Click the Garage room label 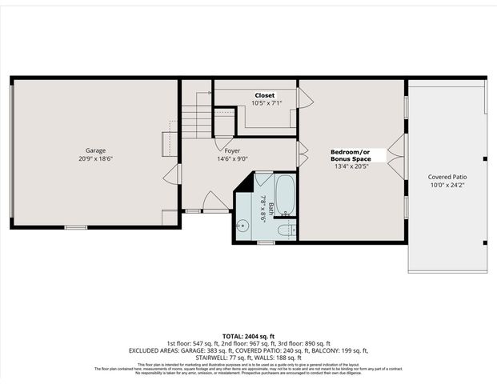[x=96, y=150]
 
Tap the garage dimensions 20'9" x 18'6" [x=96, y=158]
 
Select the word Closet [x=264, y=95]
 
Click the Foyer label [x=232, y=150]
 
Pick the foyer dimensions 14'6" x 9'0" [x=232, y=158]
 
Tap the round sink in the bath [x=244, y=226]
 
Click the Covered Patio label [x=447, y=177]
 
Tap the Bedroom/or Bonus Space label [x=351, y=155]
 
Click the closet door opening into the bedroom [x=305, y=98]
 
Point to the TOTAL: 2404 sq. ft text [x=247, y=335]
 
